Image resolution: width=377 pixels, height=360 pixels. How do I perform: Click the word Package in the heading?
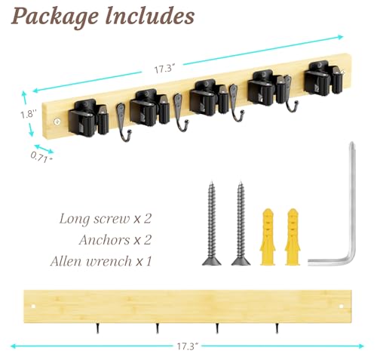point(55,17)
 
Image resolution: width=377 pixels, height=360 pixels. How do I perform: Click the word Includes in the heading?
point(150,16)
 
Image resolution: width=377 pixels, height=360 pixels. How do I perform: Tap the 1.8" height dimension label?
point(29,114)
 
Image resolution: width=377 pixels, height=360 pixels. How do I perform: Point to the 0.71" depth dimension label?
point(41,157)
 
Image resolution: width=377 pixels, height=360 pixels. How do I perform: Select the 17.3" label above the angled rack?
point(164,69)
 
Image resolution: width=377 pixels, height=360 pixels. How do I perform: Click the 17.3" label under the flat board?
point(188,346)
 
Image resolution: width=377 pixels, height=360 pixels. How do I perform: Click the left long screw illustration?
point(212,223)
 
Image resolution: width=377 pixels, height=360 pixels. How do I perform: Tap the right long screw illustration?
point(241,223)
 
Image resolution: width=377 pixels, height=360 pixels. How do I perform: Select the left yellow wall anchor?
point(268,237)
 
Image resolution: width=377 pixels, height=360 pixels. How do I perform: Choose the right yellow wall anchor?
point(293,237)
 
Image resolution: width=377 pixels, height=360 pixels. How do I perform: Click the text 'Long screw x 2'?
point(106,219)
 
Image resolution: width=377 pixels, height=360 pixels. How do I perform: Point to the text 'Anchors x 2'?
point(115,240)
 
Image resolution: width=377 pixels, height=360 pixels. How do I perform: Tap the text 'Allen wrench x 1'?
point(101,261)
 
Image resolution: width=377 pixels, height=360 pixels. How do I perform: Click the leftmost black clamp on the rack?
point(88,118)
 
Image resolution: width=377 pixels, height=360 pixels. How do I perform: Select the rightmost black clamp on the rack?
point(323,78)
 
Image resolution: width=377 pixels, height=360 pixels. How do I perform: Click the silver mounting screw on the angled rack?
point(57,122)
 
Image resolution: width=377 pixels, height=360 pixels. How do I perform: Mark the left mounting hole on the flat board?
point(33,306)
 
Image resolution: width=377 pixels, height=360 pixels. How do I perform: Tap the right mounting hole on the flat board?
point(341,306)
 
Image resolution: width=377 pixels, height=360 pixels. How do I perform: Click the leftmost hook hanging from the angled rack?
point(123,123)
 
